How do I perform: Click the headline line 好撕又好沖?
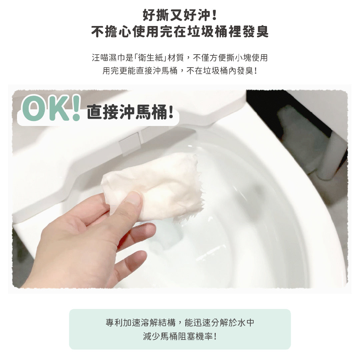[180, 15]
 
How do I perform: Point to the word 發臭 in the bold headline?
[257, 32]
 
